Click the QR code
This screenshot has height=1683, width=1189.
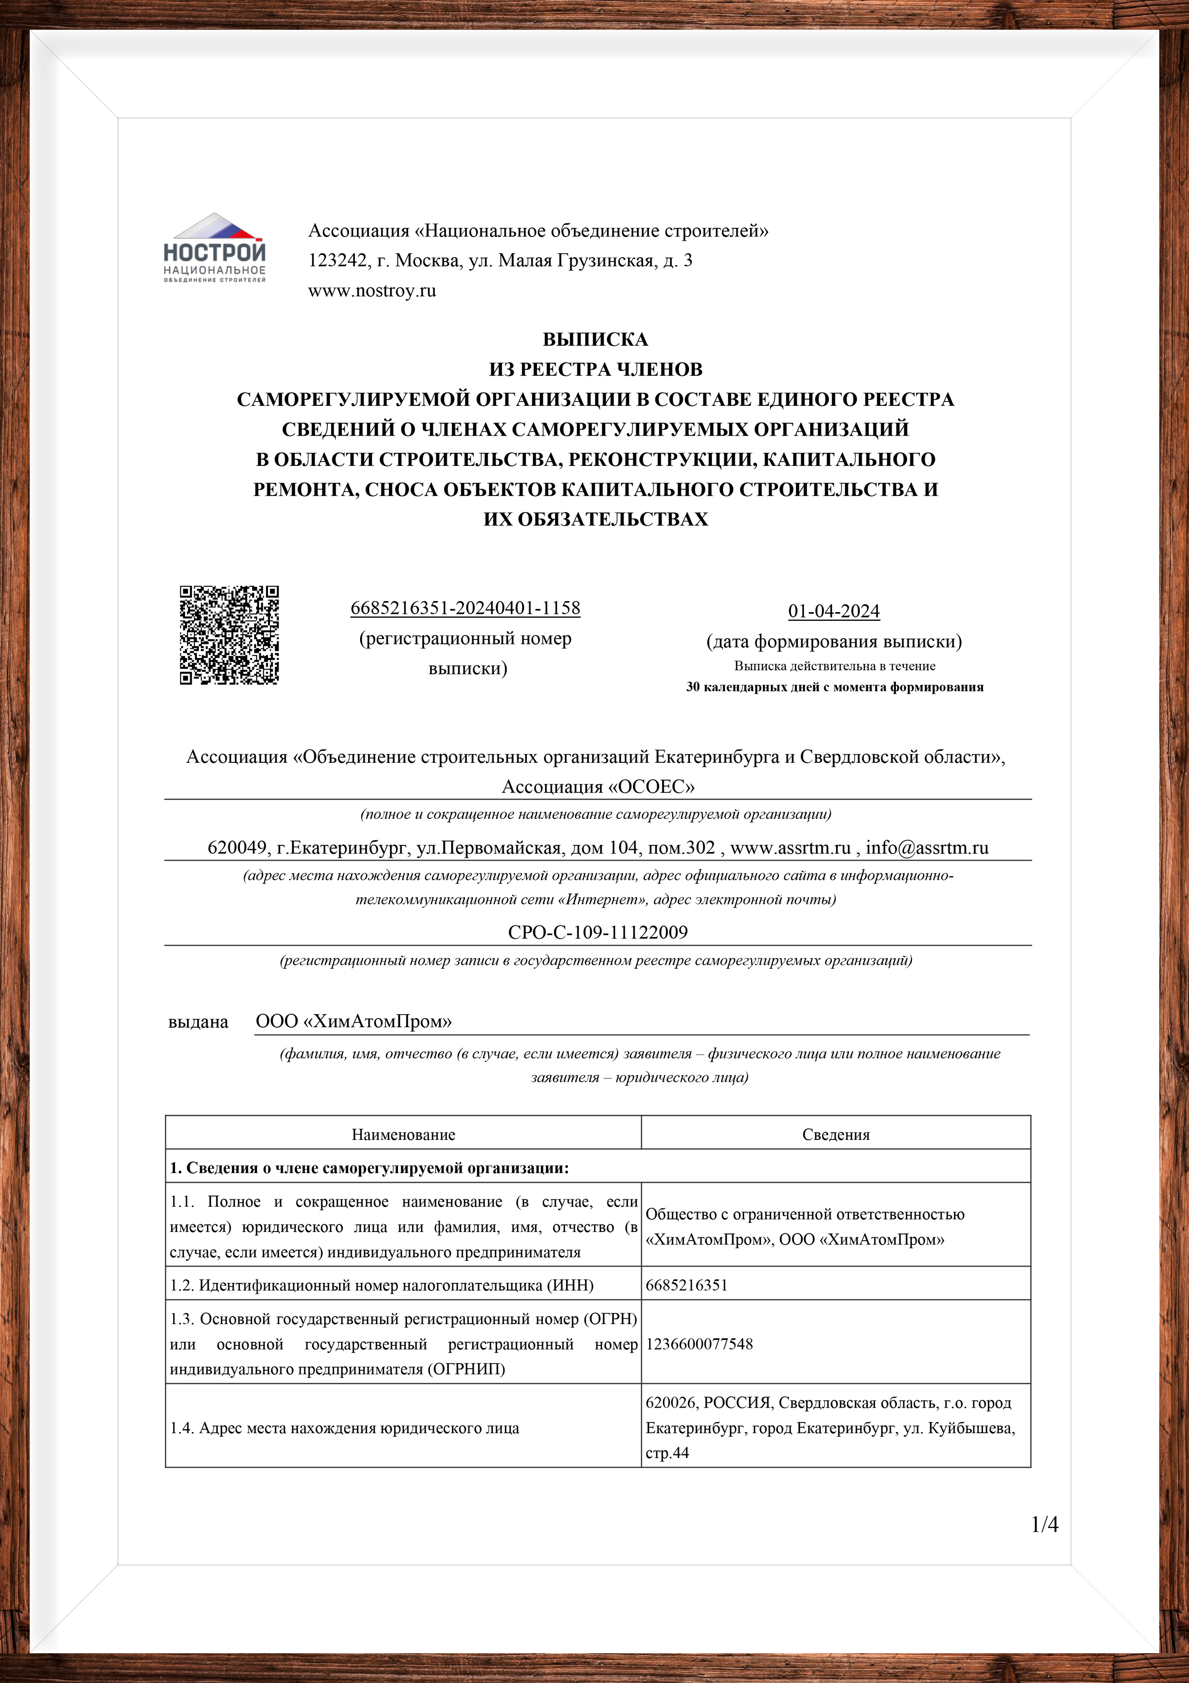coord(229,635)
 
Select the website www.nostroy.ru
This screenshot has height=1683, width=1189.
coord(372,291)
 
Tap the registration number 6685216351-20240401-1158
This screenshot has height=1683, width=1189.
coord(465,608)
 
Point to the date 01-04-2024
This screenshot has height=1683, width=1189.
coord(834,611)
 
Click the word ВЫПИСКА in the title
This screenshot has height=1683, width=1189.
coord(595,339)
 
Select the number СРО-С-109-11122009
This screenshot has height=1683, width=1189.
coord(598,932)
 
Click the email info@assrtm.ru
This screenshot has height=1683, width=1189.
coord(927,848)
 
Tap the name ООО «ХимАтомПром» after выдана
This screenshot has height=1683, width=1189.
coord(354,1022)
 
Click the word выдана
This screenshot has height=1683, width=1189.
coord(198,1022)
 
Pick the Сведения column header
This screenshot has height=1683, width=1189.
coord(836,1135)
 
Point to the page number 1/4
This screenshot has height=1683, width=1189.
coord(1045,1525)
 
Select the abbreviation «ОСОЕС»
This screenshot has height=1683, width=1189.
coord(651,787)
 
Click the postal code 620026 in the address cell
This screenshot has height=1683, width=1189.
coord(670,1403)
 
